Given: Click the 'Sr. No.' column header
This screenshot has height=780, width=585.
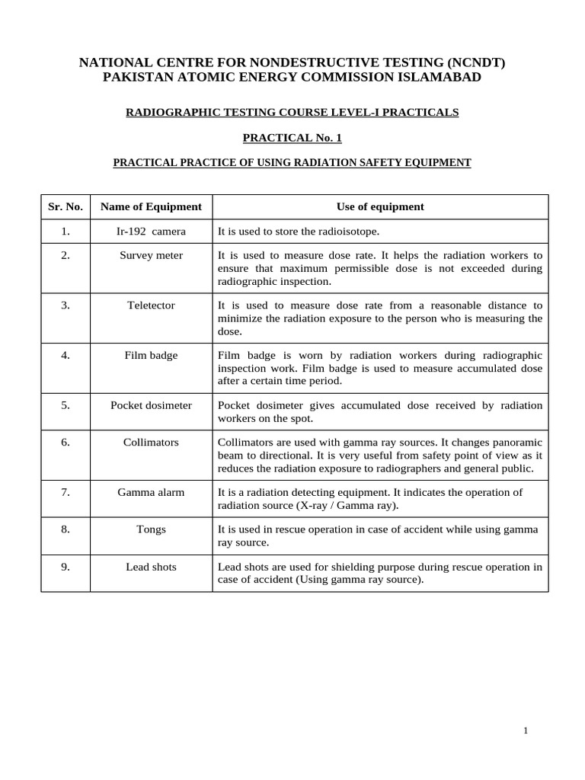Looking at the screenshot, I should [66, 206].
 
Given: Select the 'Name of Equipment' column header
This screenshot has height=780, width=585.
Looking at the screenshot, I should [151, 206].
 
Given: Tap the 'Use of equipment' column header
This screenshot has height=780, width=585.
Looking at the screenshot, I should [380, 206].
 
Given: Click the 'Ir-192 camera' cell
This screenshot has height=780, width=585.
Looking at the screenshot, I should [151, 231].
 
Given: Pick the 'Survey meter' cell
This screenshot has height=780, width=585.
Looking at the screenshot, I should [151, 255].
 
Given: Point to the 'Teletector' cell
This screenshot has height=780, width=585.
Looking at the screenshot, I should [151, 305].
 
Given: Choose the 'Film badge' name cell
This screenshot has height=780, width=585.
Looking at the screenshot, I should [151, 355].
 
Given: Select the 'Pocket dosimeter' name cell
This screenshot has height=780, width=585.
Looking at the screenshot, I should [151, 405].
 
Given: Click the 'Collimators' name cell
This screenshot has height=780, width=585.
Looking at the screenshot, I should [151, 442].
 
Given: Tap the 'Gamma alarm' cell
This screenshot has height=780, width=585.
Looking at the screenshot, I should [151, 492].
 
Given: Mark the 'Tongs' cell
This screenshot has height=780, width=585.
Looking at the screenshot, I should [151, 529].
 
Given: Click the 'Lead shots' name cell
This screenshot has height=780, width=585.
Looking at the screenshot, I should [151, 566].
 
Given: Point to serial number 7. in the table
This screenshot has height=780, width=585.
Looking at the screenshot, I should [66, 492].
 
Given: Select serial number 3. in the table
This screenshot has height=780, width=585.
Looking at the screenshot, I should [66, 305].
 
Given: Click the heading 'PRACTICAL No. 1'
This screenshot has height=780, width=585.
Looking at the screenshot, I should [292, 137].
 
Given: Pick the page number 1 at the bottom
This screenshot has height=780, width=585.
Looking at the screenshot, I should [526, 730].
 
